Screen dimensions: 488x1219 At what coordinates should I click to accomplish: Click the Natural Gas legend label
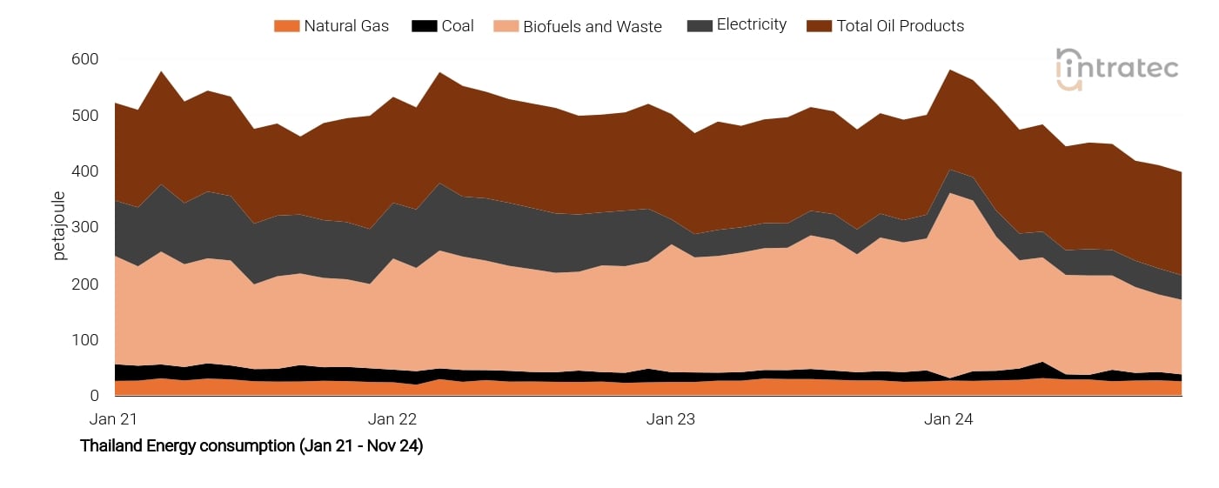pyautogui.click(x=346, y=26)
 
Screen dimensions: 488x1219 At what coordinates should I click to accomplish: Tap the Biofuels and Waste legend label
pyautogui.click(x=592, y=27)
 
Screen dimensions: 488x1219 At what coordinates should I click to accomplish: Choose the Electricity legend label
pyautogui.click(x=751, y=25)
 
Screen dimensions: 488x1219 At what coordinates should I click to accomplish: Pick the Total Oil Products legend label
pyautogui.click(x=900, y=26)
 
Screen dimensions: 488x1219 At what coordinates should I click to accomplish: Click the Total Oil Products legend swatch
pyautogui.click(x=819, y=26)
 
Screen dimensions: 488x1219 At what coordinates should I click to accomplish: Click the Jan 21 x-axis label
pyautogui.click(x=114, y=419)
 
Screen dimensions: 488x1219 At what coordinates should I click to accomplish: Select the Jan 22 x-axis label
pyautogui.click(x=392, y=419)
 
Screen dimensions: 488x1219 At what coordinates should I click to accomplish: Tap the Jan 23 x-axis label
pyautogui.click(x=671, y=419)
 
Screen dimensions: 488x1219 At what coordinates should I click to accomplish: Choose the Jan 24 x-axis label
pyautogui.click(x=948, y=419)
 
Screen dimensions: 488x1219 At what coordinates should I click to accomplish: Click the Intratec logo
pyautogui.click(x=1116, y=68)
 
